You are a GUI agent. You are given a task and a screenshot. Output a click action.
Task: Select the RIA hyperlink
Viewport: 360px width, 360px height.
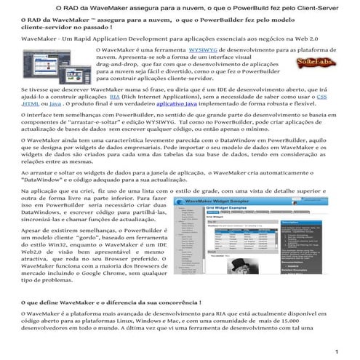pos(115,97)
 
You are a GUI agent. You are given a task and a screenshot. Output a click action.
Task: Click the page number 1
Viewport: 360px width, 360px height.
pos(337,352)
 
